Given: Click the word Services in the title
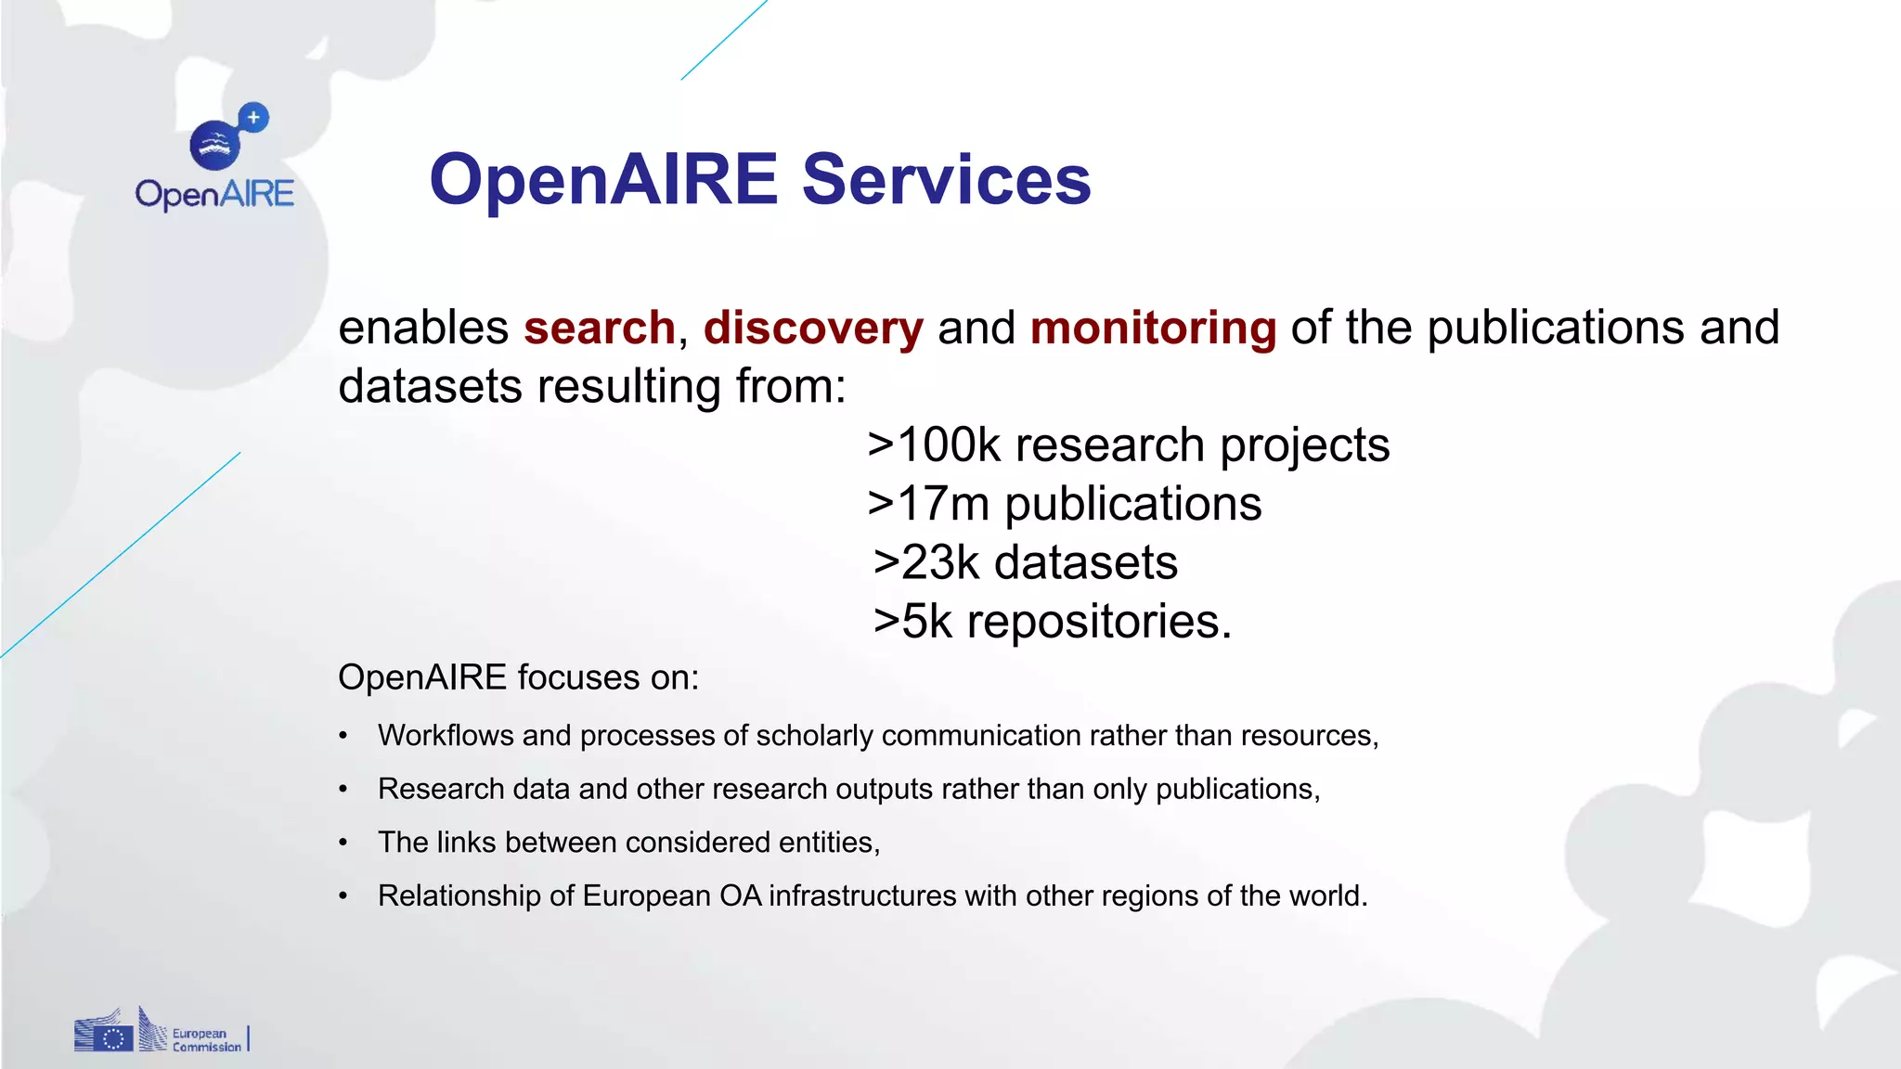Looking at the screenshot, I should click(946, 179).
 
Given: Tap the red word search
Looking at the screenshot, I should click(599, 328).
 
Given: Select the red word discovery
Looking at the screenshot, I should click(813, 328).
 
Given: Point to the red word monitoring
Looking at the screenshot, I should click(1153, 328).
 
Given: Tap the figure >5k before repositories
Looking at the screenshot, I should click(913, 621).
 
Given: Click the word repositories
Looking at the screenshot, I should click(1099, 622).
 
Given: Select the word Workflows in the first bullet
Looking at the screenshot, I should click(446, 735).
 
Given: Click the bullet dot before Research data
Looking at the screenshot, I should click(343, 790).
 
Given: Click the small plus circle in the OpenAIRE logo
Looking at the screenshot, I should click(253, 118).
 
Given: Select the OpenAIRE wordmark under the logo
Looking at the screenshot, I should click(214, 195).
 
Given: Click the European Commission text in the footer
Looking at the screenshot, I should click(206, 1040).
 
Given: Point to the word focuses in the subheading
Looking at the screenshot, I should click(577, 677).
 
